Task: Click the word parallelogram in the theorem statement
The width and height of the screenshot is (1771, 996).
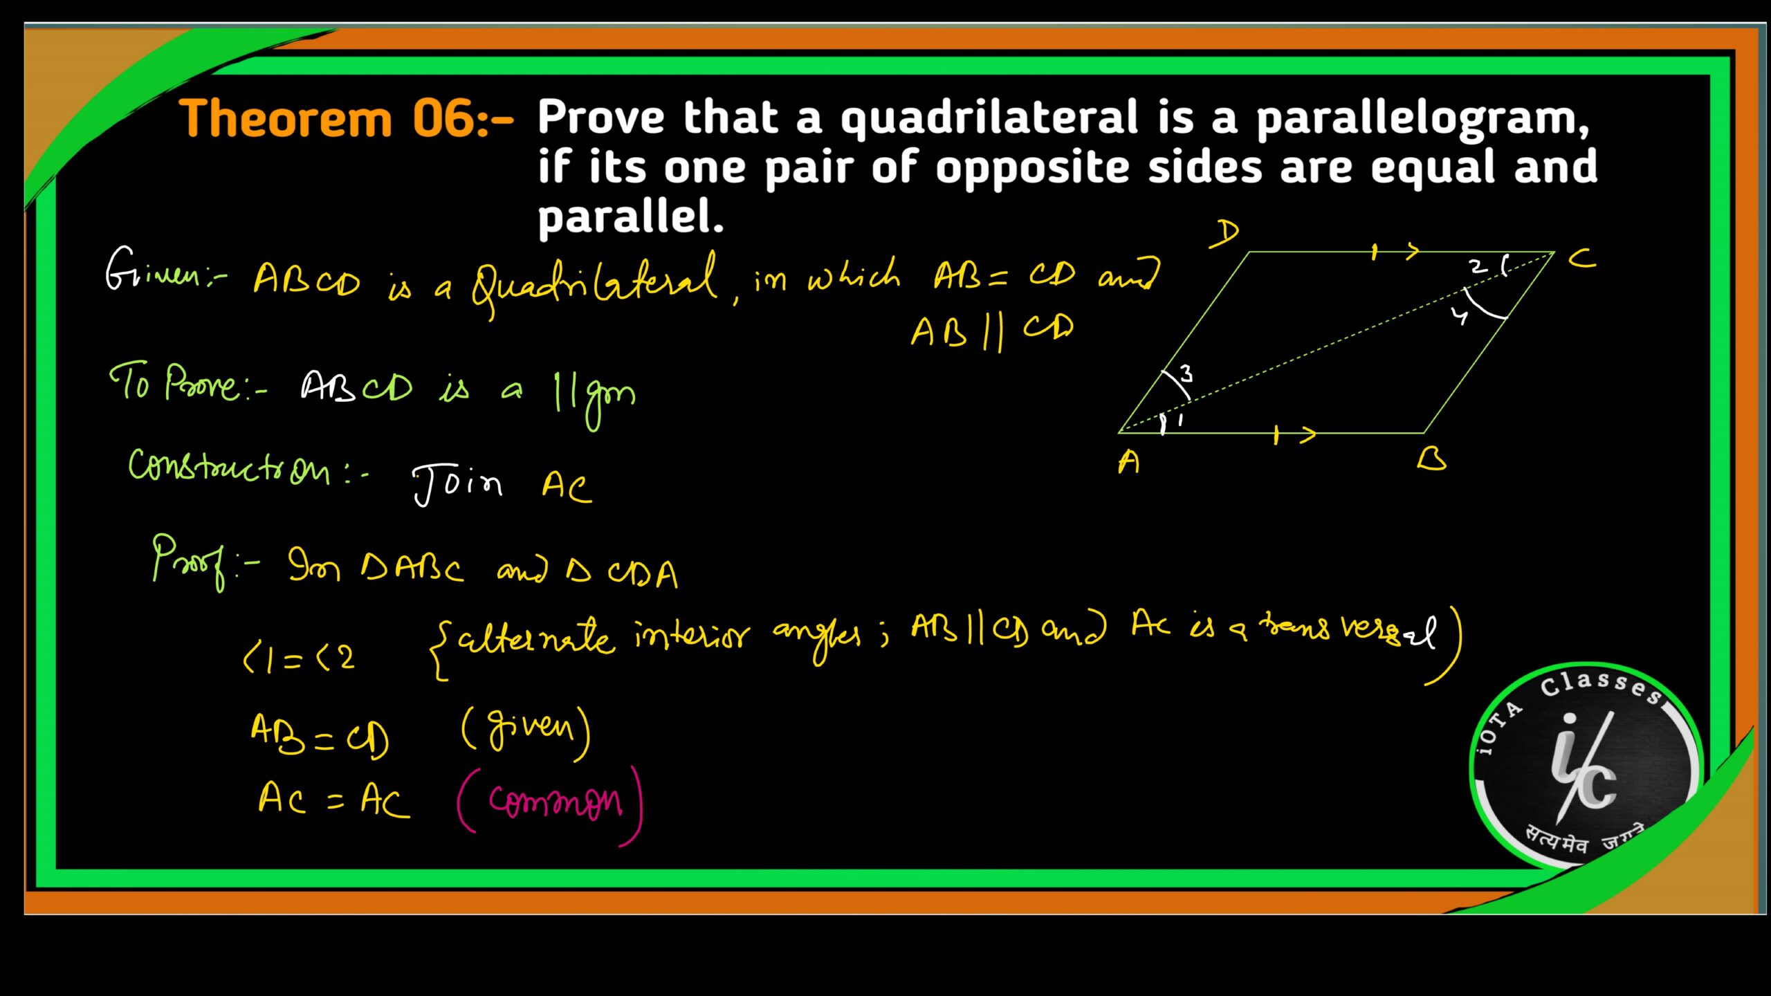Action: point(1422,119)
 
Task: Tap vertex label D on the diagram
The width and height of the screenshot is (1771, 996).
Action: point(1225,234)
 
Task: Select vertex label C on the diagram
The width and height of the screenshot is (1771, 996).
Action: point(1581,260)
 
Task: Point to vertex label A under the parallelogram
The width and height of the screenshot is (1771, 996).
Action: point(1128,462)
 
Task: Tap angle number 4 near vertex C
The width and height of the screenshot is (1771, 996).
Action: point(1459,317)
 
